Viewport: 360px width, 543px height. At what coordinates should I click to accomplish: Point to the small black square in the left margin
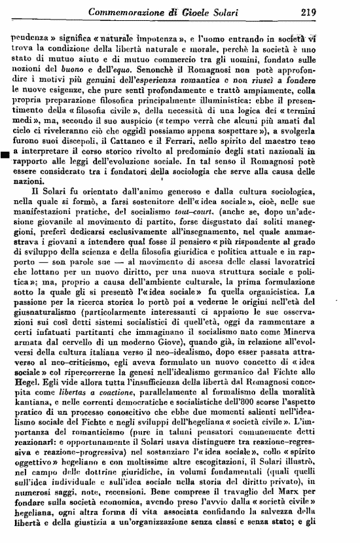click(5, 154)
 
